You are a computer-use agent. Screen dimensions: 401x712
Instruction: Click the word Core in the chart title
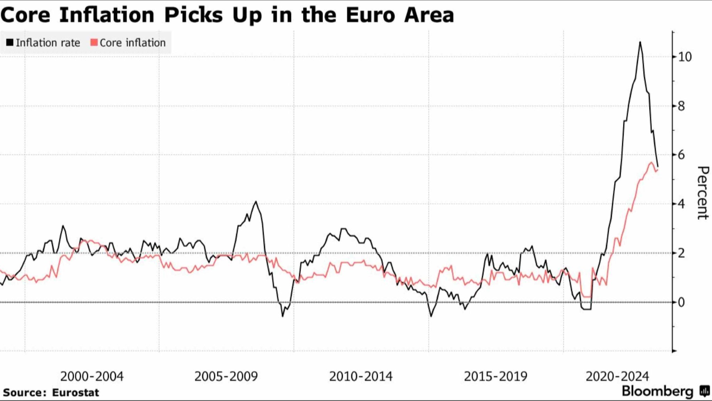(x=25, y=15)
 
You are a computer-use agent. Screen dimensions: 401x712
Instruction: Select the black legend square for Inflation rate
(x=10, y=43)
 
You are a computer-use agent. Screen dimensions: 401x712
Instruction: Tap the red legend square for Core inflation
(x=94, y=43)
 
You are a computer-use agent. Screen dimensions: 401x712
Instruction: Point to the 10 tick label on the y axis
(x=685, y=57)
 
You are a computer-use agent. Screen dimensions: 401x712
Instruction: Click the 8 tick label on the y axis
(x=681, y=106)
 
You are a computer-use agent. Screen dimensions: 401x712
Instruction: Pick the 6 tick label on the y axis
(x=681, y=155)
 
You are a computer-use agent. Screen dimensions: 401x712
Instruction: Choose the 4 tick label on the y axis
(x=681, y=204)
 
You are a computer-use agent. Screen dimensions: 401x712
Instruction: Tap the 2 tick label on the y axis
(x=681, y=253)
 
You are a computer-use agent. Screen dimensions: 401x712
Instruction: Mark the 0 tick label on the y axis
(x=681, y=302)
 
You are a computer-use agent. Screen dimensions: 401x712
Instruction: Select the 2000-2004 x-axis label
(x=92, y=376)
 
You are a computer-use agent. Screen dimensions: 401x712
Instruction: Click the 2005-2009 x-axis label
(x=226, y=376)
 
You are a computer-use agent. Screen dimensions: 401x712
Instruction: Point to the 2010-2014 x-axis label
(x=361, y=376)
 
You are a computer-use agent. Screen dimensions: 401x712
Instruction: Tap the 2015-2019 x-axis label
(x=495, y=376)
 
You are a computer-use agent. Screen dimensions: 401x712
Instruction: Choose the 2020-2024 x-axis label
(x=617, y=376)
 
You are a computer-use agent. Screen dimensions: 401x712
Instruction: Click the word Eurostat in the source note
(x=75, y=393)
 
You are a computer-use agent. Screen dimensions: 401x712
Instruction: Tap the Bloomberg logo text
(x=657, y=391)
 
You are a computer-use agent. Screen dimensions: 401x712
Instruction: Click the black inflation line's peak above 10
(x=640, y=42)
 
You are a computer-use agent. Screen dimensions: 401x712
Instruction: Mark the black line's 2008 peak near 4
(x=256, y=201)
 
